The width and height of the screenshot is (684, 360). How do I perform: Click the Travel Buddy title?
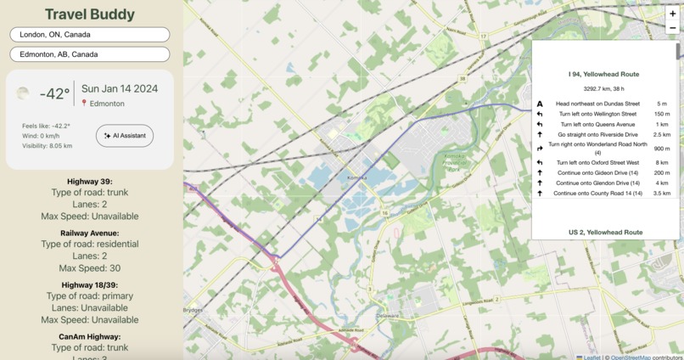(x=89, y=14)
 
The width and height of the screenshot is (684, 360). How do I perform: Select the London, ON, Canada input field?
(x=89, y=35)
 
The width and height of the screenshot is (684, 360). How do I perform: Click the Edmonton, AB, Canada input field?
(x=89, y=54)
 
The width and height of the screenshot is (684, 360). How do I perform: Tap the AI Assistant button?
(x=125, y=136)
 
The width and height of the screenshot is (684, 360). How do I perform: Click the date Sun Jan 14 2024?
(x=120, y=88)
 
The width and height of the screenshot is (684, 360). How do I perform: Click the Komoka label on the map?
(x=356, y=177)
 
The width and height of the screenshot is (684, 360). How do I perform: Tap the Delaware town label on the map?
(x=387, y=316)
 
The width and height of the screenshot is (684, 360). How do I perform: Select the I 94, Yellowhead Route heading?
(x=603, y=75)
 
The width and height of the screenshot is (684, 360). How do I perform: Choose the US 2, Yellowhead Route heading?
(x=603, y=232)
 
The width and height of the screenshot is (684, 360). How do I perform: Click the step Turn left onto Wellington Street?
(x=597, y=114)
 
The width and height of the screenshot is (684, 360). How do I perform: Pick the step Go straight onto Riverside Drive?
(x=597, y=134)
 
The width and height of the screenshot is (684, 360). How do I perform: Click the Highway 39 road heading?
(x=89, y=181)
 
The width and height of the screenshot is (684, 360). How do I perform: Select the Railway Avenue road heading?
(x=89, y=233)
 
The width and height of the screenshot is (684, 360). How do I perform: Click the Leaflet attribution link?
(x=591, y=357)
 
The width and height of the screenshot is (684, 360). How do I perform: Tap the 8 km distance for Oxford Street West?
(x=662, y=162)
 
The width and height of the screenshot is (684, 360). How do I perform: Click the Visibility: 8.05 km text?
(x=48, y=146)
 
